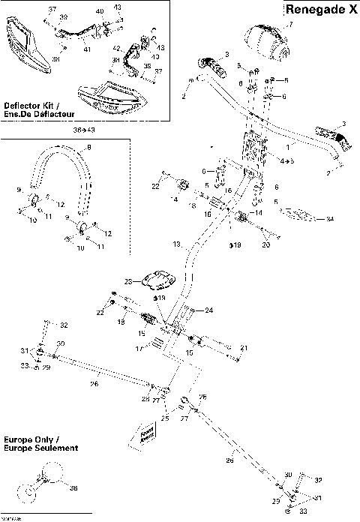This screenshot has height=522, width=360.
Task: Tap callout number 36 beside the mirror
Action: pos(73,488)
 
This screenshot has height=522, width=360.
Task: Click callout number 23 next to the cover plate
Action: pos(128,281)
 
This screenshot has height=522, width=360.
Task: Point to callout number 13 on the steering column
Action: pos(177,244)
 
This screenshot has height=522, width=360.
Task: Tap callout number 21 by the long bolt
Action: pos(244,349)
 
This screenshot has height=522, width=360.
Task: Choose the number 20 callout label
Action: pos(265,244)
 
